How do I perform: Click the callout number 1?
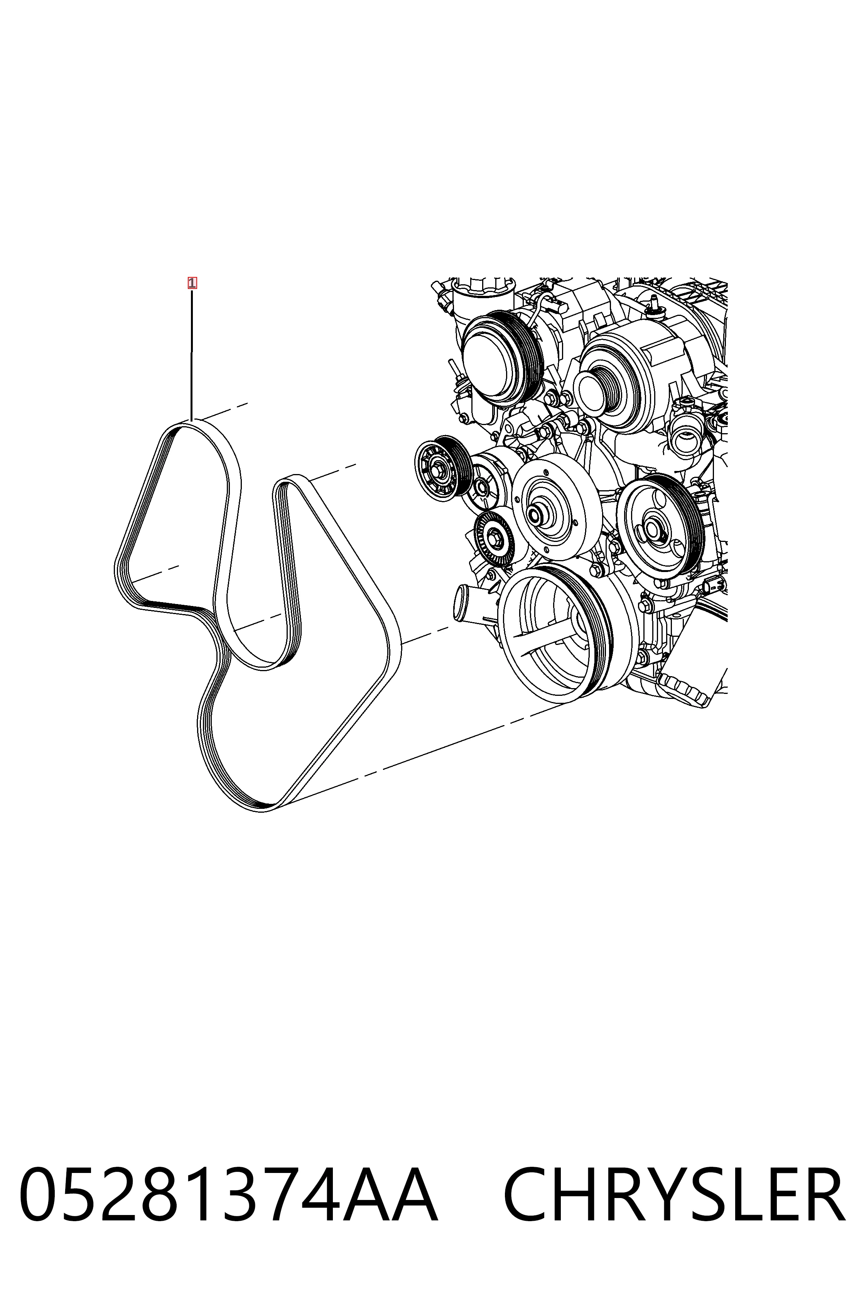coord(192,283)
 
